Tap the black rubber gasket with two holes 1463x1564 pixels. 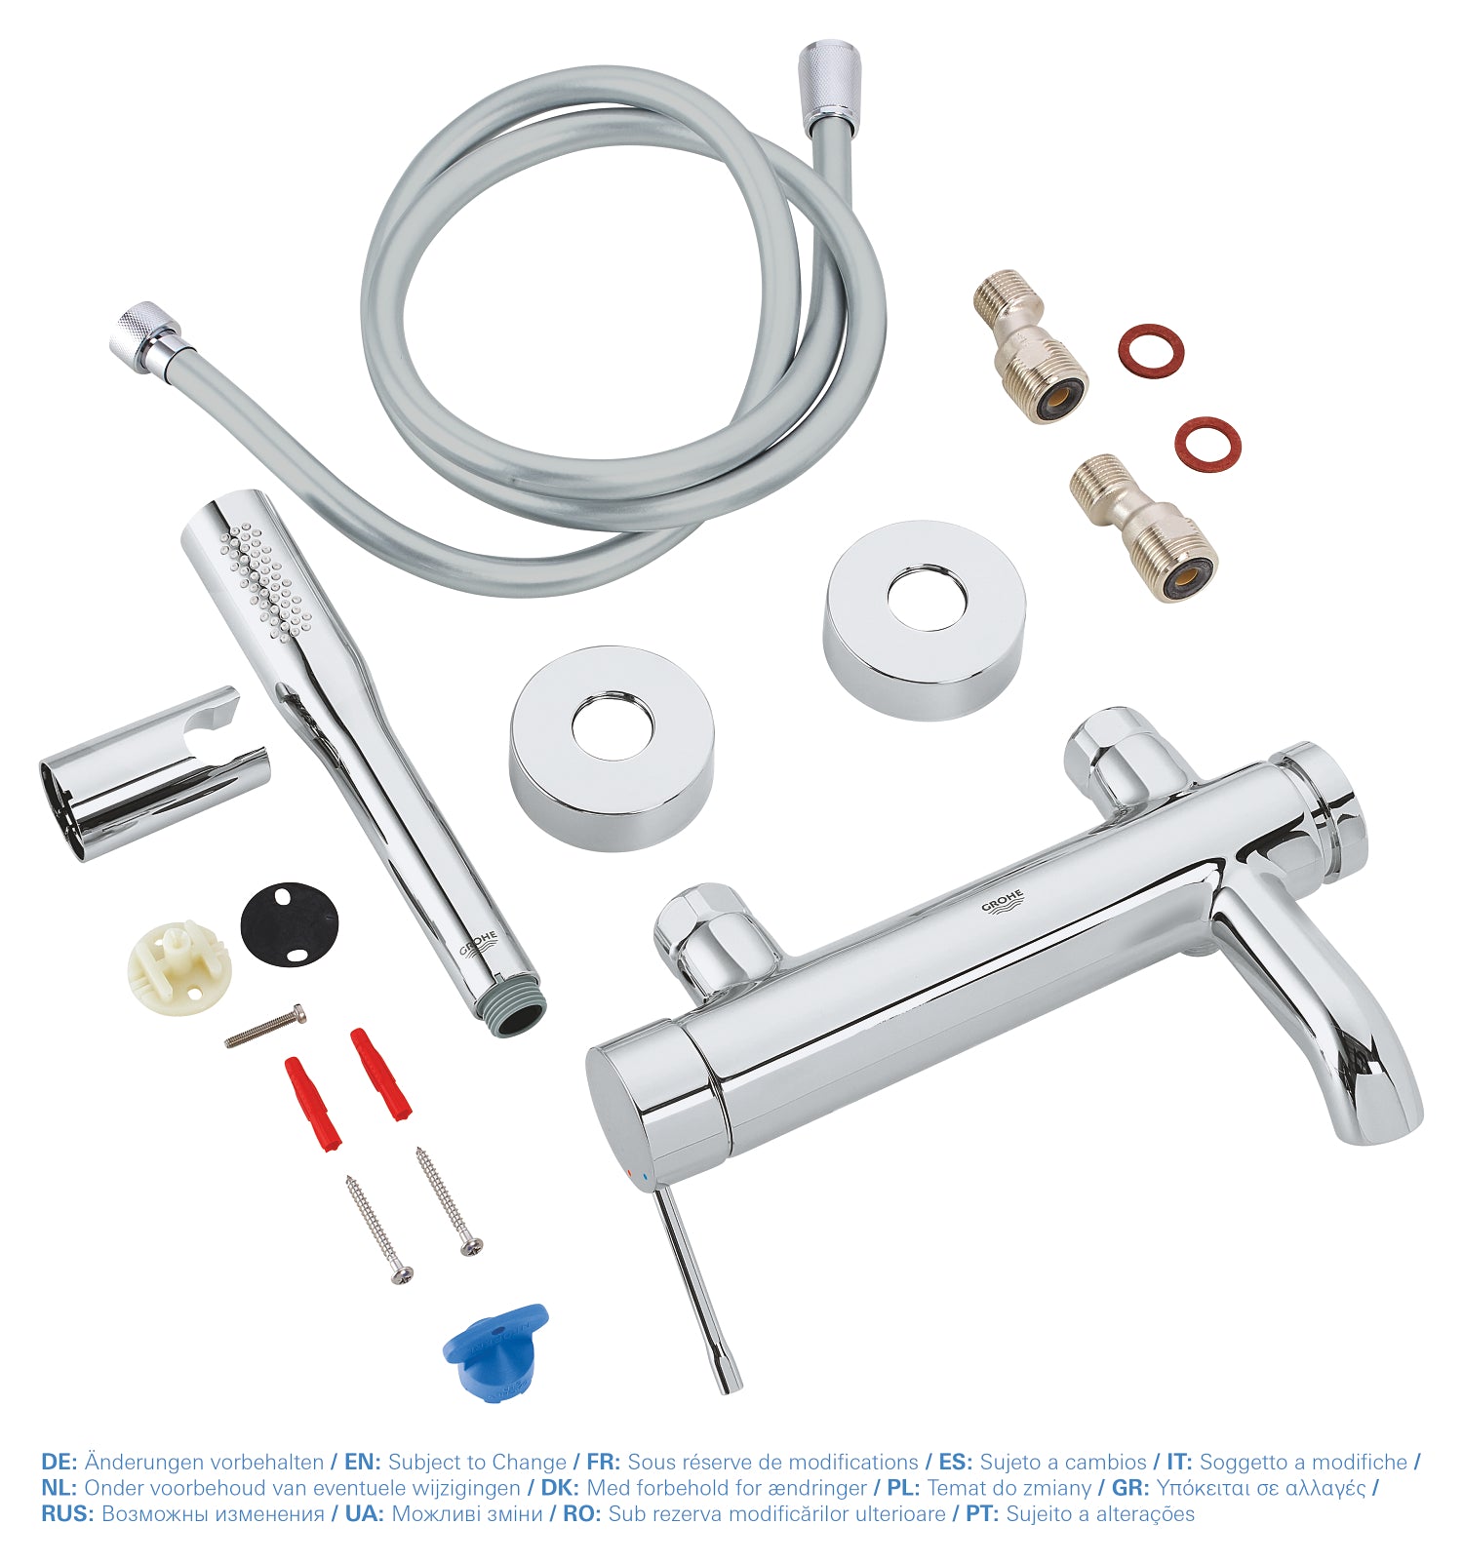[290, 922]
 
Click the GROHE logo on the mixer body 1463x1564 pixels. [1004, 902]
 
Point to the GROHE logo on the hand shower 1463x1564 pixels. [480, 946]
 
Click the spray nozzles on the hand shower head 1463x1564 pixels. [260, 579]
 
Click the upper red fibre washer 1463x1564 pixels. [1151, 350]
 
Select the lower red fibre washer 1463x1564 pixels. [1207, 444]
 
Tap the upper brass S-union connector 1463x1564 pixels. [1030, 345]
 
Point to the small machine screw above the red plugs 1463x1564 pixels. [265, 1027]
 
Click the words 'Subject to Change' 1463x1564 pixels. [477, 1462]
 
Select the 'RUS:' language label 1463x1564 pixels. [68, 1513]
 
